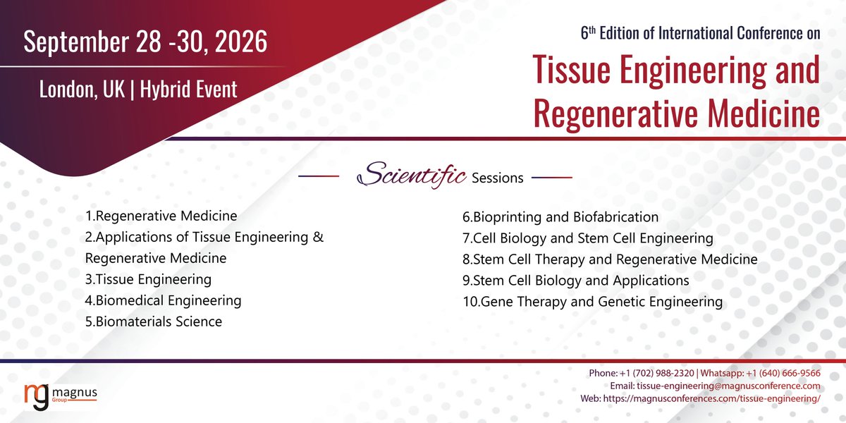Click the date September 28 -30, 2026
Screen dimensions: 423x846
[x=145, y=42]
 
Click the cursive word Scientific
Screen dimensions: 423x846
[x=412, y=176]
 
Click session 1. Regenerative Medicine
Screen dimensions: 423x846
[x=161, y=216]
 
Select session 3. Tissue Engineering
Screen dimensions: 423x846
[x=148, y=279]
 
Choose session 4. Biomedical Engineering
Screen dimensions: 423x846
[x=163, y=300]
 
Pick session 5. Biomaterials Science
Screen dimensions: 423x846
[x=154, y=321]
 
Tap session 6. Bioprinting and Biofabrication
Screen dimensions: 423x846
[x=560, y=217]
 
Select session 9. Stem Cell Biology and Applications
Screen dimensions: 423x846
[x=575, y=281]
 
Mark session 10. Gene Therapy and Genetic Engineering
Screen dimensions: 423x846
[x=592, y=302]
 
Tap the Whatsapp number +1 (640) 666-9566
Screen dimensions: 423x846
[x=784, y=373]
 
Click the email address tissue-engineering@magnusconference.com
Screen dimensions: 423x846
[x=728, y=386]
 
